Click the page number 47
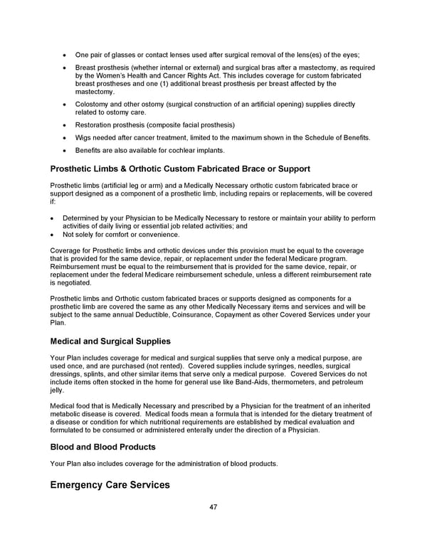[x=213, y=508]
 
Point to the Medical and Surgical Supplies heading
[x=110, y=341]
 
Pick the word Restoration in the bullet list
[x=95, y=124]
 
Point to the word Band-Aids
[x=251, y=382]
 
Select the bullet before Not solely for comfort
[x=53, y=235]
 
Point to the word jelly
[x=58, y=390]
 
